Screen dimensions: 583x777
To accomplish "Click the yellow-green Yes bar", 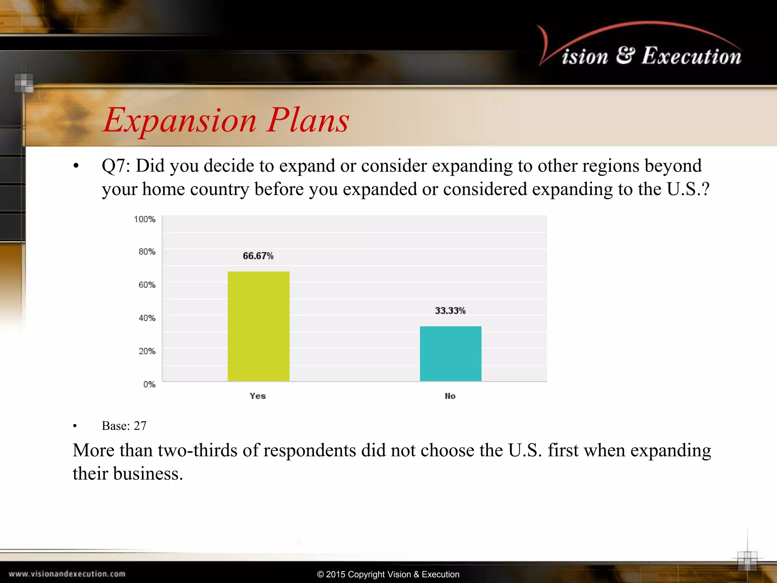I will (x=258, y=326).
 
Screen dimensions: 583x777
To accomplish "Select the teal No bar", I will (x=450, y=353).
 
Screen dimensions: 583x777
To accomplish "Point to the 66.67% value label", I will (x=258, y=256).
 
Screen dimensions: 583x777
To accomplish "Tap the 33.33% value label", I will (x=450, y=310).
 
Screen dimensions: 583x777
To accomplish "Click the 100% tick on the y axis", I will (x=145, y=219).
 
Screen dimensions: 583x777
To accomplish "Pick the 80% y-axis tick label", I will (x=147, y=252).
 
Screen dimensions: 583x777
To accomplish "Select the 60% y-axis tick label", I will (x=147, y=285).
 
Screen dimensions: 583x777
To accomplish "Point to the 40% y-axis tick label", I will (x=147, y=318).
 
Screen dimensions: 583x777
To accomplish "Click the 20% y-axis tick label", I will (x=147, y=351).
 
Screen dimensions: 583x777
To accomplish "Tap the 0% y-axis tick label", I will (x=149, y=384).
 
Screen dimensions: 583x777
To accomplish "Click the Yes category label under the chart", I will (x=258, y=396).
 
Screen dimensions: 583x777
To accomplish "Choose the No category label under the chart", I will (x=450, y=396).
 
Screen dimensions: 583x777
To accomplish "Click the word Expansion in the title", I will (x=180, y=121).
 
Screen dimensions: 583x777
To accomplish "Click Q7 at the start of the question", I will (x=116, y=166).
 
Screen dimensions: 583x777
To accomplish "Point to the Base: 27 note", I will (x=124, y=426).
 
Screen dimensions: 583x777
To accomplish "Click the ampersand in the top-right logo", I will (x=625, y=55).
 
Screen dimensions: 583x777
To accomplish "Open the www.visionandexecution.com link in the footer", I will (x=67, y=574).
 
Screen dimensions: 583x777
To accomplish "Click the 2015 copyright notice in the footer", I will (x=388, y=574).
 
